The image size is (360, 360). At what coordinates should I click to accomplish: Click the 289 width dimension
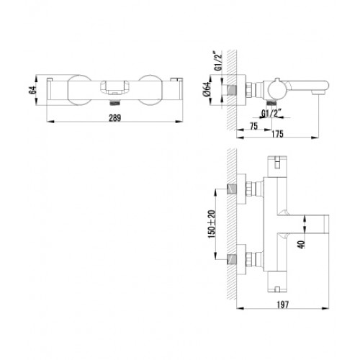click(115, 118)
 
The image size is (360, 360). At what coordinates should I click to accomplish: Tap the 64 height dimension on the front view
click(32, 90)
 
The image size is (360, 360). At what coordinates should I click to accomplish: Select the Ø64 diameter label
click(207, 89)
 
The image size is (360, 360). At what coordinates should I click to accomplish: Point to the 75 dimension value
click(253, 126)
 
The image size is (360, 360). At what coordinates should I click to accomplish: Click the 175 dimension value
click(277, 134)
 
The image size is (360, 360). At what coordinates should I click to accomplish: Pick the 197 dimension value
click(283, 305)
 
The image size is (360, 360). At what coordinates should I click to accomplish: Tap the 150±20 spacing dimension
click(212, 224)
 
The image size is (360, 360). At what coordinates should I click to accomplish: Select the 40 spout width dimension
click(301, 244)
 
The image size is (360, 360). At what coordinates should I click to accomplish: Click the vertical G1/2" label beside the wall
click(217, 61)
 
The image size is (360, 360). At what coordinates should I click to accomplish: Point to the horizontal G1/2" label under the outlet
click(271, 113)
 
